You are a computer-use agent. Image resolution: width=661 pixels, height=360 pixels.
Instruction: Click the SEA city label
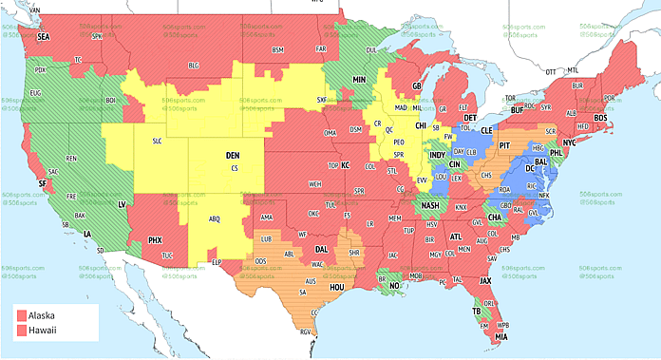coord(43,36)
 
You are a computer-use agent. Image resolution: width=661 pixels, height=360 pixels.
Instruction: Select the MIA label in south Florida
coord(500,336)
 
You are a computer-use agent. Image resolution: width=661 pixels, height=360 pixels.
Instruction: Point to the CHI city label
coord(421,124)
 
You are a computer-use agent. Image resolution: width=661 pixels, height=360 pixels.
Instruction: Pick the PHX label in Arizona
coord(154,240)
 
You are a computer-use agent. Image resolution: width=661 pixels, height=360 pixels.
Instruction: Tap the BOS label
coord(599,117)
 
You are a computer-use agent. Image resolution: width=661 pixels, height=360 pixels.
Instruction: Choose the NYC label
coord(569,142)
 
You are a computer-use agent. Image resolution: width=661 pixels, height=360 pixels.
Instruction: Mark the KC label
coord(346,165)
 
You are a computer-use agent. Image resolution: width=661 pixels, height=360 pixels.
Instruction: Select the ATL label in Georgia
coord(456,237)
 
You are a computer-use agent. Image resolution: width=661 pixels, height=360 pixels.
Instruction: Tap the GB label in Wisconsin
coord(416,86)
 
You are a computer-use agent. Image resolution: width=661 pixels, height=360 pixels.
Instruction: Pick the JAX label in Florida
coord(485,280)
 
